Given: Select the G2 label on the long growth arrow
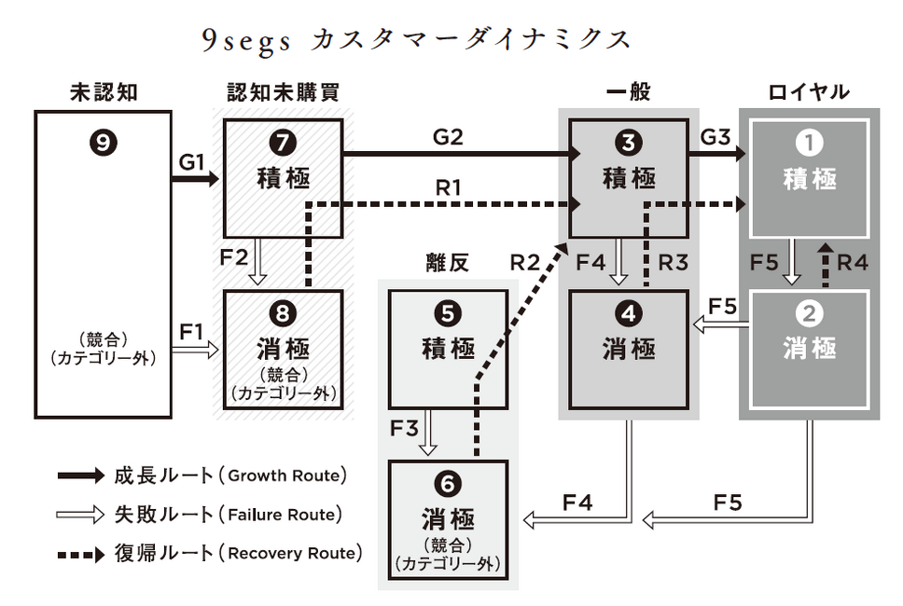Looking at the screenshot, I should click(448, 136).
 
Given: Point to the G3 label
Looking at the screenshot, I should click(715, 136).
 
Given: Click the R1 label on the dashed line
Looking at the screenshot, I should click(448, 186).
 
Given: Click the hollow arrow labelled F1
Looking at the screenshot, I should click(198, 350).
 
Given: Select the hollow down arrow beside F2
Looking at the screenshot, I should click(259, 264).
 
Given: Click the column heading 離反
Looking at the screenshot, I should click(446, 264).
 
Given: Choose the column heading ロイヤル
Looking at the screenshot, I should click(809, 91).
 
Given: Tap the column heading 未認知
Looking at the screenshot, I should click(104, 91).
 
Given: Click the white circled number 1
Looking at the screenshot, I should click(809, 144).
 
